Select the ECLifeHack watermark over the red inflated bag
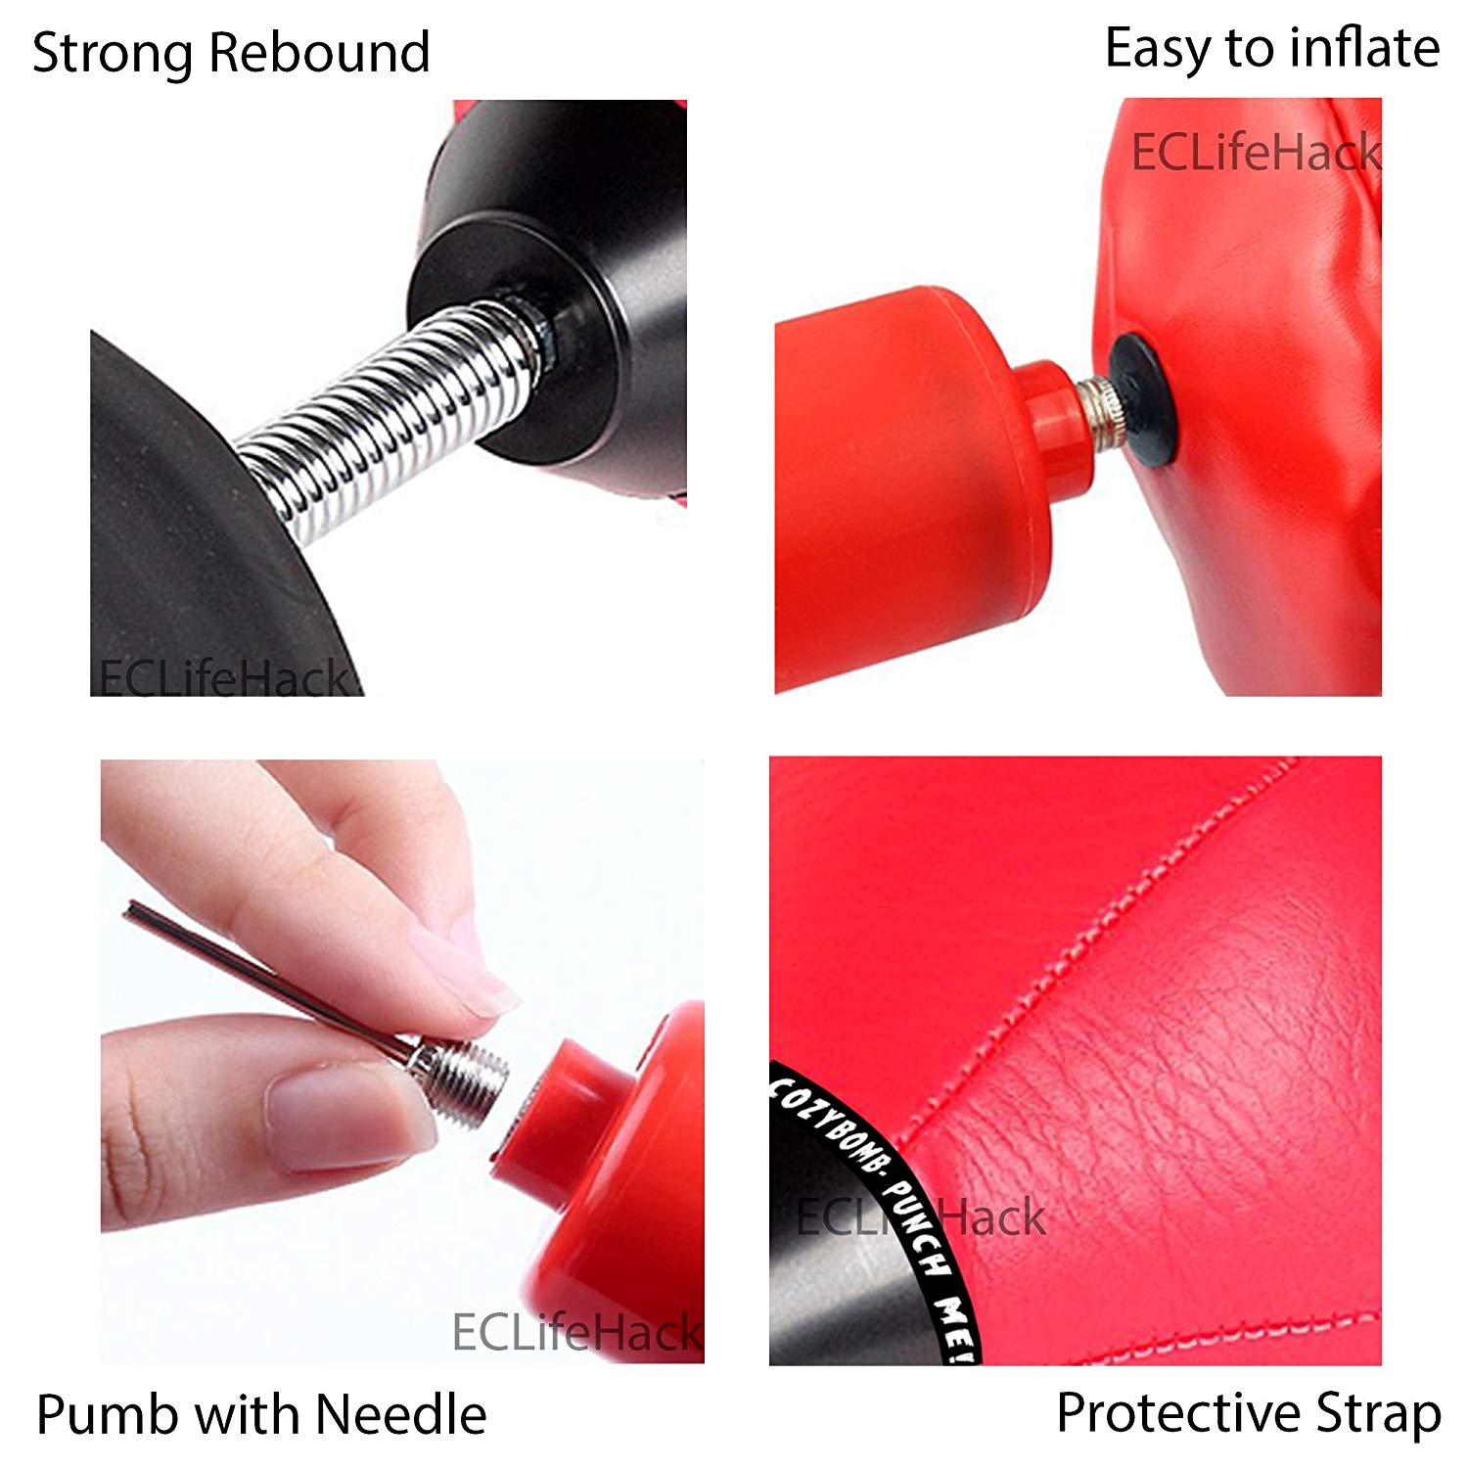point(1256,153)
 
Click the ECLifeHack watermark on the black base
point(223,676)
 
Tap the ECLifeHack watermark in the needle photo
point(576,1332)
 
